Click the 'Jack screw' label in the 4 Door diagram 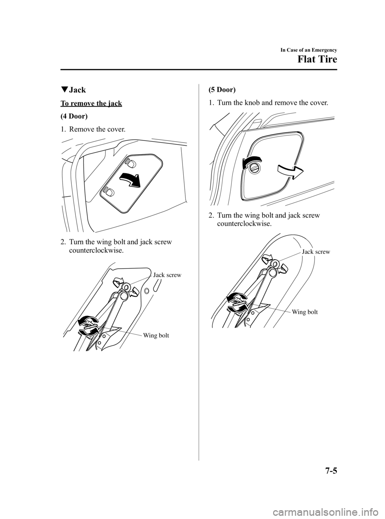click(167, 275)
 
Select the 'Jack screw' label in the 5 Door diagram click(316, 252)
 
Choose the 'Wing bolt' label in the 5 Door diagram click(304, 311)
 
